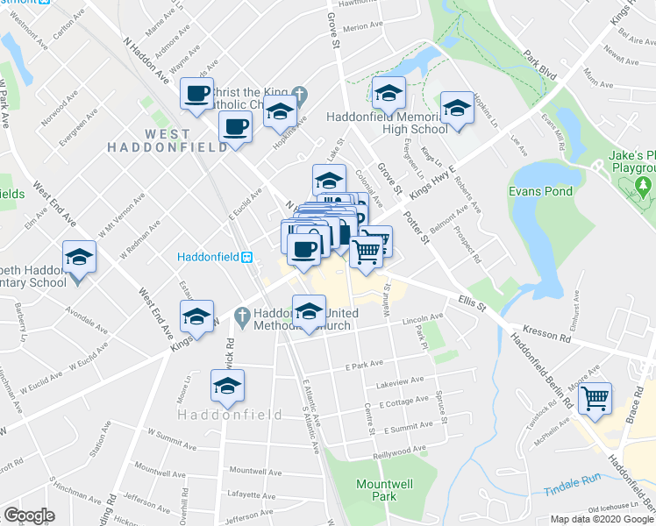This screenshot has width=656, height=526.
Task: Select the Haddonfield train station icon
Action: coord(248,257)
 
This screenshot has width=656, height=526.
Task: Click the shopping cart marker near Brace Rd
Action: coord(595,399)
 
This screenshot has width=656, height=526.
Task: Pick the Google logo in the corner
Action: coord(29,515)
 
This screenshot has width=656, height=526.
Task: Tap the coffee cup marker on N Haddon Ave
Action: coord(197,93)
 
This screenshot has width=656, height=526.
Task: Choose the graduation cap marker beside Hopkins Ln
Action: coord(456,109)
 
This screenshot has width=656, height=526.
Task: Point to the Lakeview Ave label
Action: coord(399,381)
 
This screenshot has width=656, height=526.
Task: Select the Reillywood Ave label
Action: coord(400,450)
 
